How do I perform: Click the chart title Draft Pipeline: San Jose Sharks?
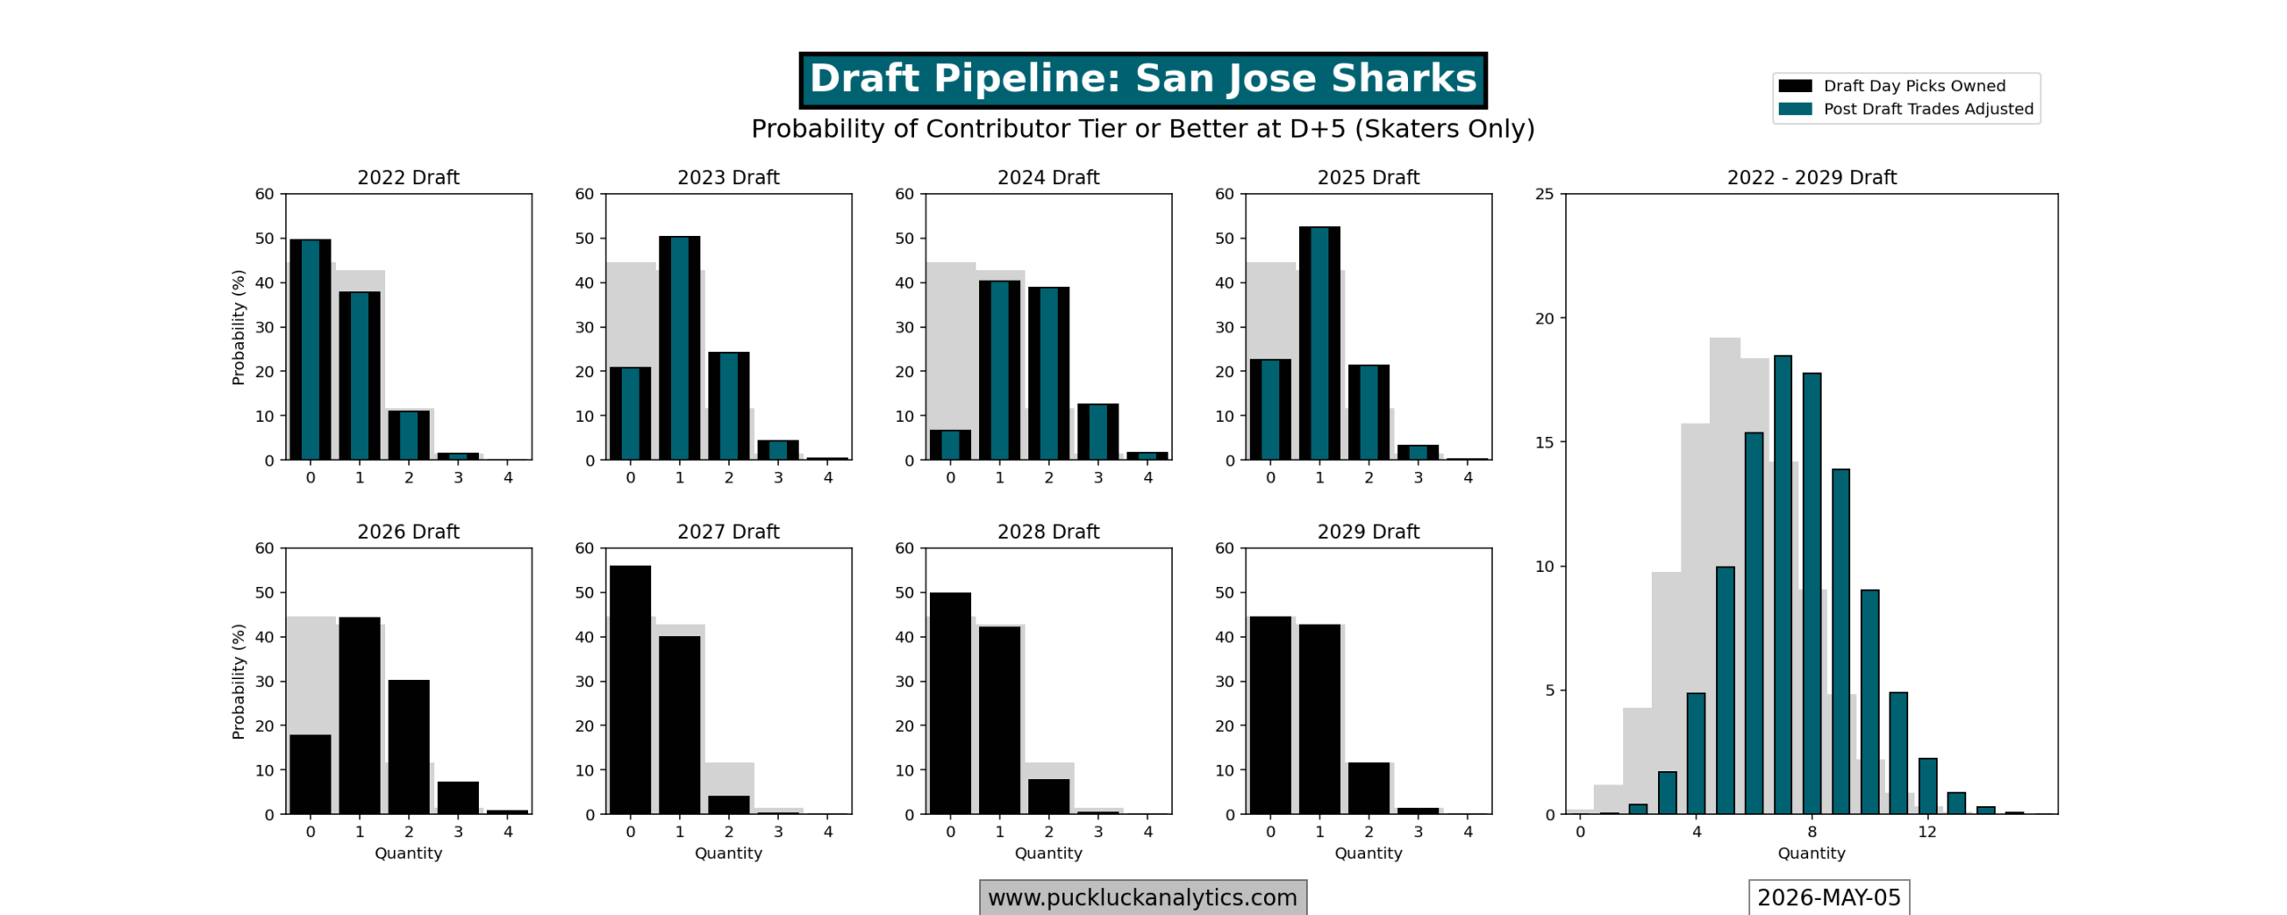coord(1143,79)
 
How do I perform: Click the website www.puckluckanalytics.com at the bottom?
coord(1143,897)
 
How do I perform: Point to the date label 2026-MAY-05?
coord(1829,897)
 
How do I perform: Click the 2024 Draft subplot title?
coord(1048,177)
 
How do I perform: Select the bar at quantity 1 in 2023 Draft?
coord(679,348)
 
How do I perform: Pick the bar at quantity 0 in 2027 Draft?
coord(630,690)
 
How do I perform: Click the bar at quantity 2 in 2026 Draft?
coord(408,747)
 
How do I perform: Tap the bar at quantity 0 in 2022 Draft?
coord(310,349)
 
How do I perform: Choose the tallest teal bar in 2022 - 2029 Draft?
coord(1782,584)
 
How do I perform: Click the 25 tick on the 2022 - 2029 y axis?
coord(1545,194)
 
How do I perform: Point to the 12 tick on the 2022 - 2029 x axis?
coord(1927,832)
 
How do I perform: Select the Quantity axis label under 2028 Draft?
coord(1048,853)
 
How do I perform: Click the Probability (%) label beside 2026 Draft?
coord(238,681)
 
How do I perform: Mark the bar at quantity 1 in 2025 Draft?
coord(1319,343)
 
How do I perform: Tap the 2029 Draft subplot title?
coord(1368,532)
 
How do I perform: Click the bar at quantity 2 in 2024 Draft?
coord(1048,374)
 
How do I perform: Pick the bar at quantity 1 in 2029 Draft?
coord(1319,719)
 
